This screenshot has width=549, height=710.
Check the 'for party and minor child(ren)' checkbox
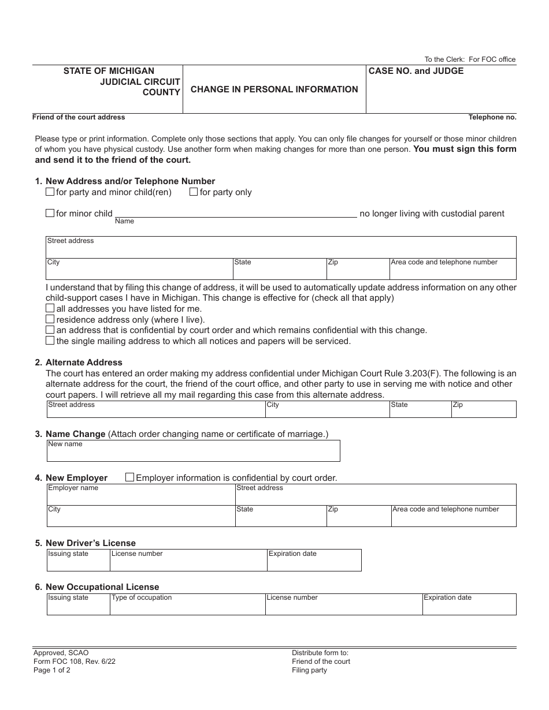point(50,192)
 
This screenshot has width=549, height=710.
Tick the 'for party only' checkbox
point(194,192)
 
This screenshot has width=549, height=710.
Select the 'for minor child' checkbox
point(50,214)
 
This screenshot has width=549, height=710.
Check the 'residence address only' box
point(50,319)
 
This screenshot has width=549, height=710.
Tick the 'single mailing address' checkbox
point(50,341)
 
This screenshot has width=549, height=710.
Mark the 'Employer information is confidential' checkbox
point(130,477)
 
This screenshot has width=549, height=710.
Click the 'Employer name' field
point(140,498)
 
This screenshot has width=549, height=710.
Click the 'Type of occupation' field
point(187,607)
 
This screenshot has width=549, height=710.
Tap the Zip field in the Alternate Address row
point(483,412)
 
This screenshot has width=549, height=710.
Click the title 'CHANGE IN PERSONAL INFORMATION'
point(274,89)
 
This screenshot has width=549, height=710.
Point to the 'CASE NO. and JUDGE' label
point(416,71)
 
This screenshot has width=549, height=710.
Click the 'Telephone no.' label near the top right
point(492,117)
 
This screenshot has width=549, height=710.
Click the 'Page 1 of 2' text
point(51,670)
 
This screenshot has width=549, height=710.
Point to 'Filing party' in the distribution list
point(309,670)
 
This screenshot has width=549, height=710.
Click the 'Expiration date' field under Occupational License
point(469,607)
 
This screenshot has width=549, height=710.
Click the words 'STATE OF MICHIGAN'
point(109,71)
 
